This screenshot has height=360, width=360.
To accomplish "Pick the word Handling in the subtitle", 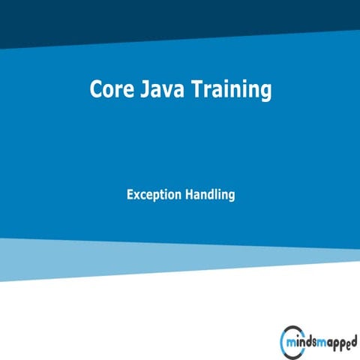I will (210, 195).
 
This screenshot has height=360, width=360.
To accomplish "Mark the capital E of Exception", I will (130, 194).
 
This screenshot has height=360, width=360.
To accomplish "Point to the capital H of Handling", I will (189, 194).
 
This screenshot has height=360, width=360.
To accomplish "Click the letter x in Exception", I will (137, 195).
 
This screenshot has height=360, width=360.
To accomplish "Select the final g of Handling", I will (232, 197).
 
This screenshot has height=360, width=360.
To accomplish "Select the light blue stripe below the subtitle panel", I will (180, 259).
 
